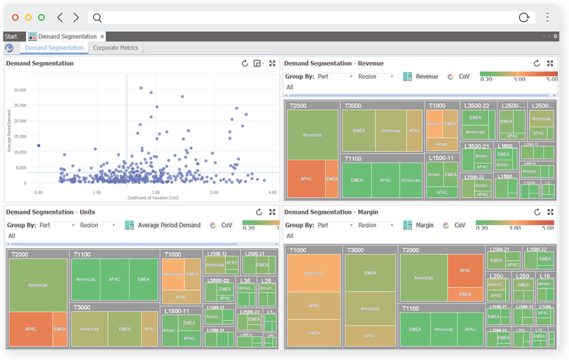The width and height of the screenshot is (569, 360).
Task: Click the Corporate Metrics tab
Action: coord(116,48)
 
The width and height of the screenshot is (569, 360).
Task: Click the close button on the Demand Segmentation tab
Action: coord(102,36)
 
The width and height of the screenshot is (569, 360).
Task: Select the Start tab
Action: coord(11,36)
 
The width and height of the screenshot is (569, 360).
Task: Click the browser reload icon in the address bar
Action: coord(524,18)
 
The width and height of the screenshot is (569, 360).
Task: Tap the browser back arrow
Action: coord(60,18)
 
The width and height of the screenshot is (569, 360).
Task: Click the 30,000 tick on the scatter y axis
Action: coord(19,90)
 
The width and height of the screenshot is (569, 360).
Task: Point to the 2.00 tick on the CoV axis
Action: coord(155,193)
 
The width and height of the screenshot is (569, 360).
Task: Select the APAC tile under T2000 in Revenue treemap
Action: coord(306,179)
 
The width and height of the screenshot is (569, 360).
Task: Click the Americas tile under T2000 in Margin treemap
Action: coord(423,278)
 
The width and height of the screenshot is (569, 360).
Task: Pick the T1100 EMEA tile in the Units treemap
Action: coord(143,279)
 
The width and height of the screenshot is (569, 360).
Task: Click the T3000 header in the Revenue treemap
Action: coord(353,106)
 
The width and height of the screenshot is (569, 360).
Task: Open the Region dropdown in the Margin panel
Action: coord(376,225)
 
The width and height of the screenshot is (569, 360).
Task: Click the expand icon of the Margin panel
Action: coord(550,212)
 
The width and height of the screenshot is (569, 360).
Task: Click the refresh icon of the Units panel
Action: coord(259,212)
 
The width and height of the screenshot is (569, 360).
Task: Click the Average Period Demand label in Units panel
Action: coord(169,225)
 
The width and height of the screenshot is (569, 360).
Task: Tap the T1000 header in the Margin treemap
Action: coord(298,250)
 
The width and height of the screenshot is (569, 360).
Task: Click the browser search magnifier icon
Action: coord(97,18)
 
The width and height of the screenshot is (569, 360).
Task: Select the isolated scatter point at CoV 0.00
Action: coord(38,146)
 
